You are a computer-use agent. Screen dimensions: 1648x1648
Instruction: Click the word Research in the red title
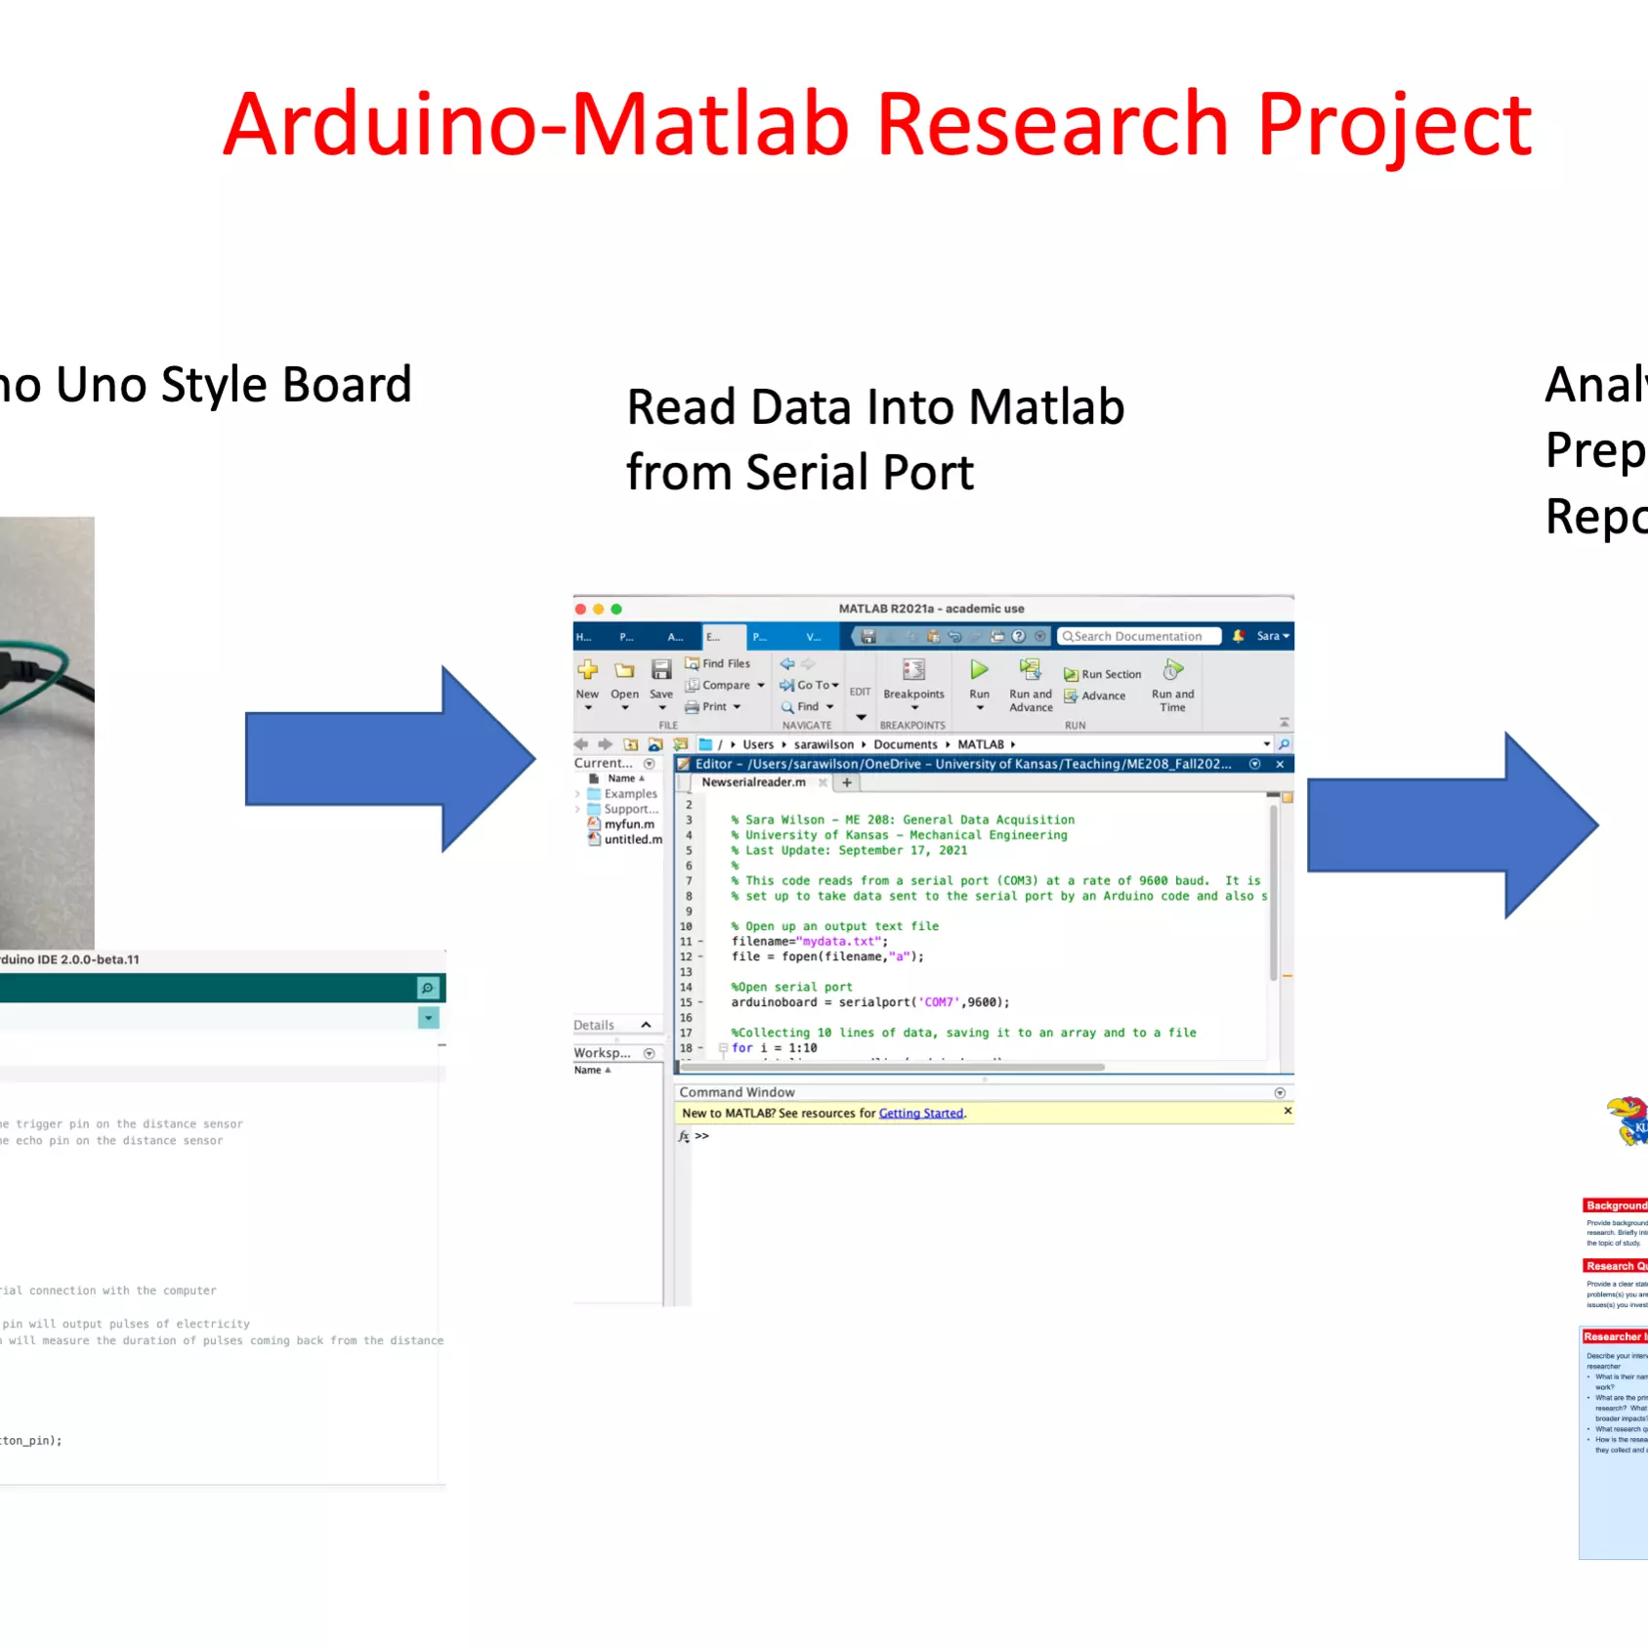[x=1052, y=124]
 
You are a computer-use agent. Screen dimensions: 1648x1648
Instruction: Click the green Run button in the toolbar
[x=979, y=670]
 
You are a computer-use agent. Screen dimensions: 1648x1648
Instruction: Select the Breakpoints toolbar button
[x=913, y=679]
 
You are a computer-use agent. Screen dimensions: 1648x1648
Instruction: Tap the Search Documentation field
[x=1139, y=636]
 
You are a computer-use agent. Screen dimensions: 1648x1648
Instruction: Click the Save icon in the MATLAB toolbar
[x=661, y=670]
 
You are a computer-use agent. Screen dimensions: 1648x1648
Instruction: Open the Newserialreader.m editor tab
[x=753, y=782]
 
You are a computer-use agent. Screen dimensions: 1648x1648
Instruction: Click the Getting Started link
[x=920, y=1113]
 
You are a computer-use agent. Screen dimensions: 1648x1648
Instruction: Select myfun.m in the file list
[x=628, y=824]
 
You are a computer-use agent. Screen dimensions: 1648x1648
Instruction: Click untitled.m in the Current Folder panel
[x=632, y=839]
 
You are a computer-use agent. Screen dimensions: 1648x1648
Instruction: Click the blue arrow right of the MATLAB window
[x=1452, y=825]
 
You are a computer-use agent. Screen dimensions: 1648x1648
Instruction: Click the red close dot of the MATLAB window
[x=580, y=609]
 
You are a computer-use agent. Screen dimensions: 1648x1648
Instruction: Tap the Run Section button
[x=1103, y=674]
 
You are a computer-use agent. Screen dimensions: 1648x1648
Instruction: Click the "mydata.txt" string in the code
[x=839, y=942]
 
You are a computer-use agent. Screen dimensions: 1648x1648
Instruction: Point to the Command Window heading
[x=737, y=1092]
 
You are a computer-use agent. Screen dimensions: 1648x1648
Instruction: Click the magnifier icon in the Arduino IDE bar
[x=428, y=988]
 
